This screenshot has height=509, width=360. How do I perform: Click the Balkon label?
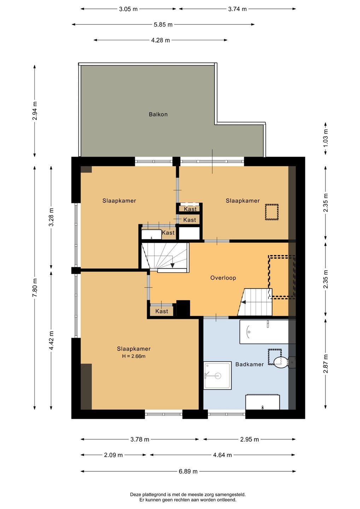pyautogui.click(x=158, y=114)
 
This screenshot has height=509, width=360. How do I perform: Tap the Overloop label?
pyautogui.click(x=223, y=278)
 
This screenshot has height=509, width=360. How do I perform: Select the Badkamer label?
pyautogui.click(x=249, y=364)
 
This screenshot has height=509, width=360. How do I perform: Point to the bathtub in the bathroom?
pyautogui.click(x=264, y=332)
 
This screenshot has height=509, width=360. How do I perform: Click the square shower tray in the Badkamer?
pyautogui.click(x=217, y=375)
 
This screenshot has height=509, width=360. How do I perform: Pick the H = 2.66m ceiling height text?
pyautogui.click(x=134, y=356)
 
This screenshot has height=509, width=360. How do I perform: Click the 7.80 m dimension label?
pyautogui.click(x=35, y=287)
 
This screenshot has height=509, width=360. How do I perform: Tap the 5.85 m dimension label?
pyautogui.click(x=163, y=24)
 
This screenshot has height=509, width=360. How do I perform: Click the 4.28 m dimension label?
pyautogui.click(x=161, y=40)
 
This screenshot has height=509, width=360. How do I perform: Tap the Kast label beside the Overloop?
pyautogui.click(x=162, y=311)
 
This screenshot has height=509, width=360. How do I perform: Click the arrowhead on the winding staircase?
pyautogui.click(x=172, y=265)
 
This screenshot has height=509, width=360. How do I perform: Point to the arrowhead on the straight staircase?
pyautogui.click(x=243, y=302)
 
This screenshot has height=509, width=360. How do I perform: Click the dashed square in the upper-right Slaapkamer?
pyautogui.click(x=272, y=212)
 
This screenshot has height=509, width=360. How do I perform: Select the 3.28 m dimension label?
pyautogui.click(x=51, y=217)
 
